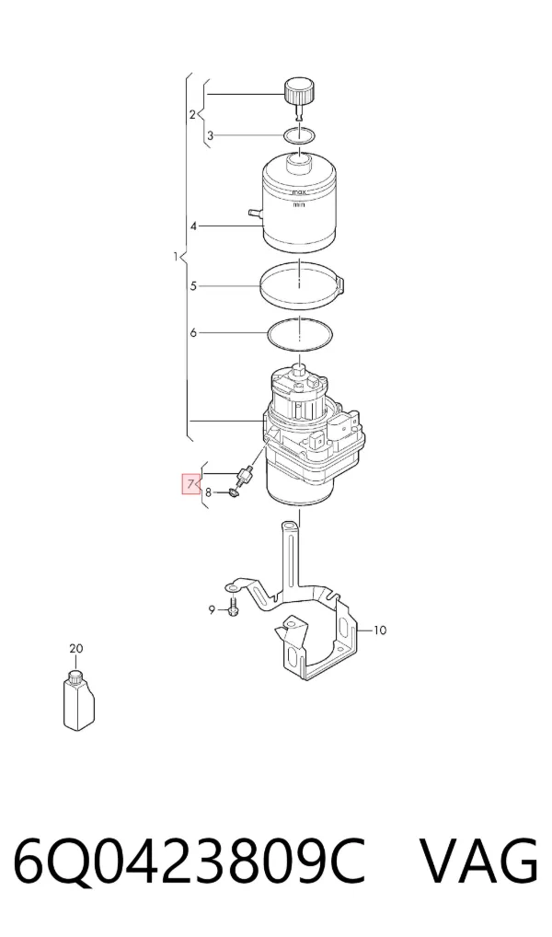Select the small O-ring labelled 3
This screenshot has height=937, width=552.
coord(299,135)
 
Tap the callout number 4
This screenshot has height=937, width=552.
coord(193,226)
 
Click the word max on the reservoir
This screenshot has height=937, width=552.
coord(298,193)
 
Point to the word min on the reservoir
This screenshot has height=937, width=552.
coord(299,205)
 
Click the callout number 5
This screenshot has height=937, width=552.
coord(193,286)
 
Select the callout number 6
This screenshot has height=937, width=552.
coord(193,332)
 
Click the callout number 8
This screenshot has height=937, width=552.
coord(209,493)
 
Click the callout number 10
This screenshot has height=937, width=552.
coord(380,630)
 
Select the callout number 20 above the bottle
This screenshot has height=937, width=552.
coord(75,648)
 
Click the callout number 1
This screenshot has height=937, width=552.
coord(175,257)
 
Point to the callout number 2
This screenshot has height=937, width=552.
coord(192,113)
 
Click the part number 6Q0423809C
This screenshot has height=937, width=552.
coord(190,862)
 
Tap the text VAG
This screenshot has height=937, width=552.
coord(478,862)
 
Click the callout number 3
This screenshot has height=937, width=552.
coord(211,136)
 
